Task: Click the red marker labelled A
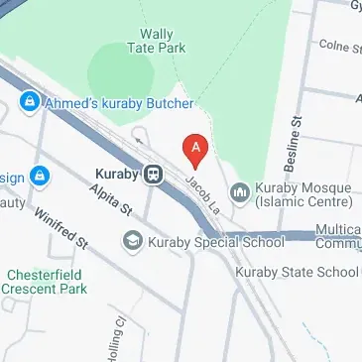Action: click(196, 151)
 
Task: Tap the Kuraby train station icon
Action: click(154, 174)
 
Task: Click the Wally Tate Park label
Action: click(158, 40)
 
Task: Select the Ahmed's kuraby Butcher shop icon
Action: click(30, 101)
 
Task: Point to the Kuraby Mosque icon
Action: click(239, 190)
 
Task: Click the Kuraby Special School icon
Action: click(131, 240)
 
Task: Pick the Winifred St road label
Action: click(60, 228)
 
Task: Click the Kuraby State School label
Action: click(297, 272)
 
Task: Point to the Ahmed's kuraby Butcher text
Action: click(119, 101)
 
